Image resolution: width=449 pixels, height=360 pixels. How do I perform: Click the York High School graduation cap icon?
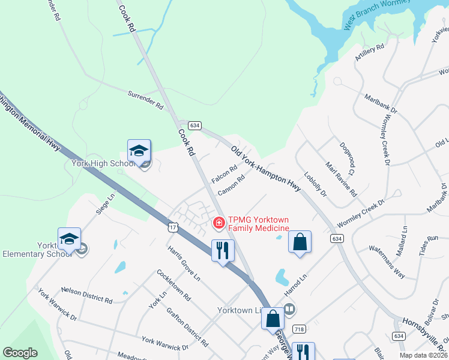click(139, 152)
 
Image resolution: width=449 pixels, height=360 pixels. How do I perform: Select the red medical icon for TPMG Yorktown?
click(219, 223)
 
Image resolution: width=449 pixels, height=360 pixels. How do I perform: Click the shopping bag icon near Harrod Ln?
click(300, 242)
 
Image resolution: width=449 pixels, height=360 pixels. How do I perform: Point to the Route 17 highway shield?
click(173, 227)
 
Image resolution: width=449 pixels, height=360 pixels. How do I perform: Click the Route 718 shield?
click(298, 329)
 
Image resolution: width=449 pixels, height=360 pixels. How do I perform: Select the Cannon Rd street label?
click(232, 185)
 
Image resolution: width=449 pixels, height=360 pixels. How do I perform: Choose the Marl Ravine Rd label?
click(341, 178)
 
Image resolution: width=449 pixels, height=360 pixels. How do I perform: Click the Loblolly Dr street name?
click(315, 185)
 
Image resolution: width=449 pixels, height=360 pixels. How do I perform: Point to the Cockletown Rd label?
click(173, 285)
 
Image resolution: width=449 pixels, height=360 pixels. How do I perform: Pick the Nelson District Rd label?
click(86, 295)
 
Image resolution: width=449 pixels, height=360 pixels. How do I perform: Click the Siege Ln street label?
click(104, 204)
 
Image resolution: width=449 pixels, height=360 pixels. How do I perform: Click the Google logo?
click(20, 353)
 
